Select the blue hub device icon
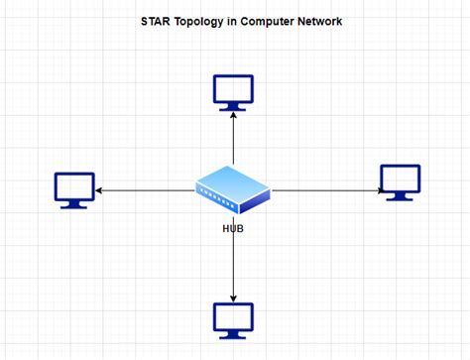(233, 191)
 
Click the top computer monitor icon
(233, 91)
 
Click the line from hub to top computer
(233, 139)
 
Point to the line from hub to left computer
(149, 189)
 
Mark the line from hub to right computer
(327, 189)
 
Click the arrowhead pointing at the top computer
(233, 115)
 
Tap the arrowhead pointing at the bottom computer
(233, 297)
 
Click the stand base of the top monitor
(233, 107)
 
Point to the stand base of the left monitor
(74, 205)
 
